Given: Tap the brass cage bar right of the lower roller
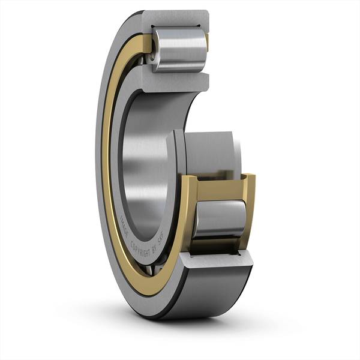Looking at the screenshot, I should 248,207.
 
